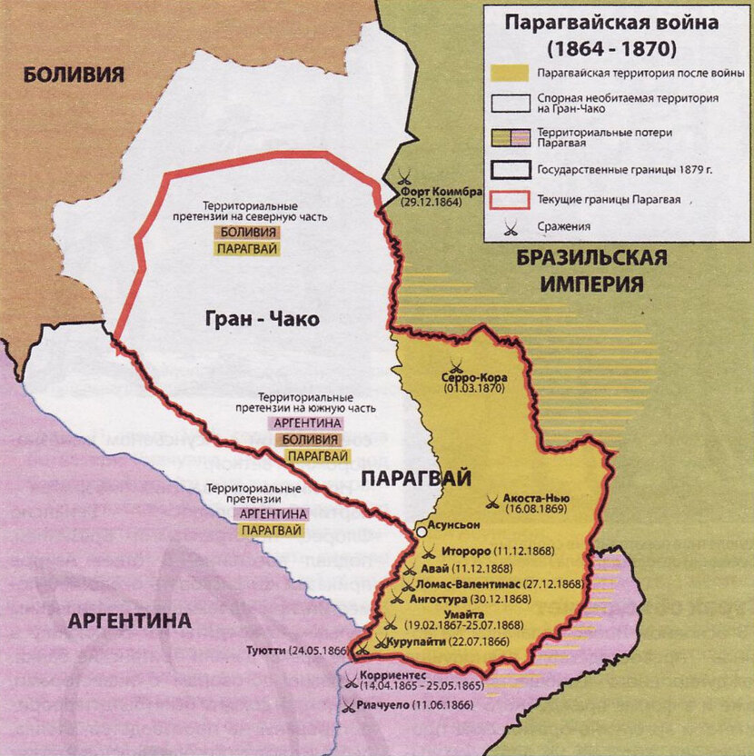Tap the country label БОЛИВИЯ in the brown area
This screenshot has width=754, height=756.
click(x=73, y=75)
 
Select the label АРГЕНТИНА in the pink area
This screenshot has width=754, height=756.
click(x=129, y=622)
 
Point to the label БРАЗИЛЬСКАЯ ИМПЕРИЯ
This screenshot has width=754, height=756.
click(x=590, y=270)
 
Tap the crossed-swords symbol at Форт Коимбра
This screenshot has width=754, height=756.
click(x=406, y=179)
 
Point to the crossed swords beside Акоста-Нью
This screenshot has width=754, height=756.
click(x=491, y=499)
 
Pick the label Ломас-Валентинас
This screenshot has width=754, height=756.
click(x=471, y=583)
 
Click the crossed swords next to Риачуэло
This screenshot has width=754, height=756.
click(x=349, y=704)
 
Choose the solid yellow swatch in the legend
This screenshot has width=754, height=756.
click(x=510, y=71)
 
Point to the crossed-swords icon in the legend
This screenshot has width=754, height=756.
click(x=510, y=226)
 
